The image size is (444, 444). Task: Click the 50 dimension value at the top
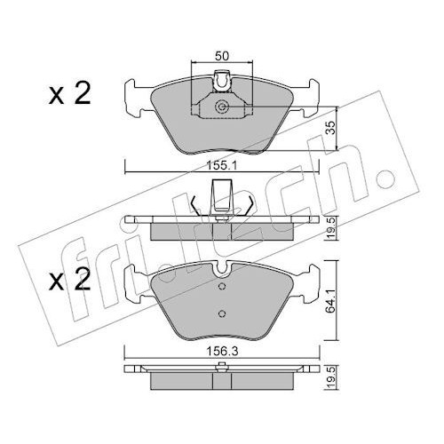coord(222,56)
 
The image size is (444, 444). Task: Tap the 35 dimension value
coord(332,128)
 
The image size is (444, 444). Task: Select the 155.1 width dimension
coord(222,166)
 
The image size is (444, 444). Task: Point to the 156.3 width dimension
coord(222,352)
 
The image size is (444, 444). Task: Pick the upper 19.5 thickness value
coord(332,227)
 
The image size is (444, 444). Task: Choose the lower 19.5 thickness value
coord(332,377)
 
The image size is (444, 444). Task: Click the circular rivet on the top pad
coord(221,107)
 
